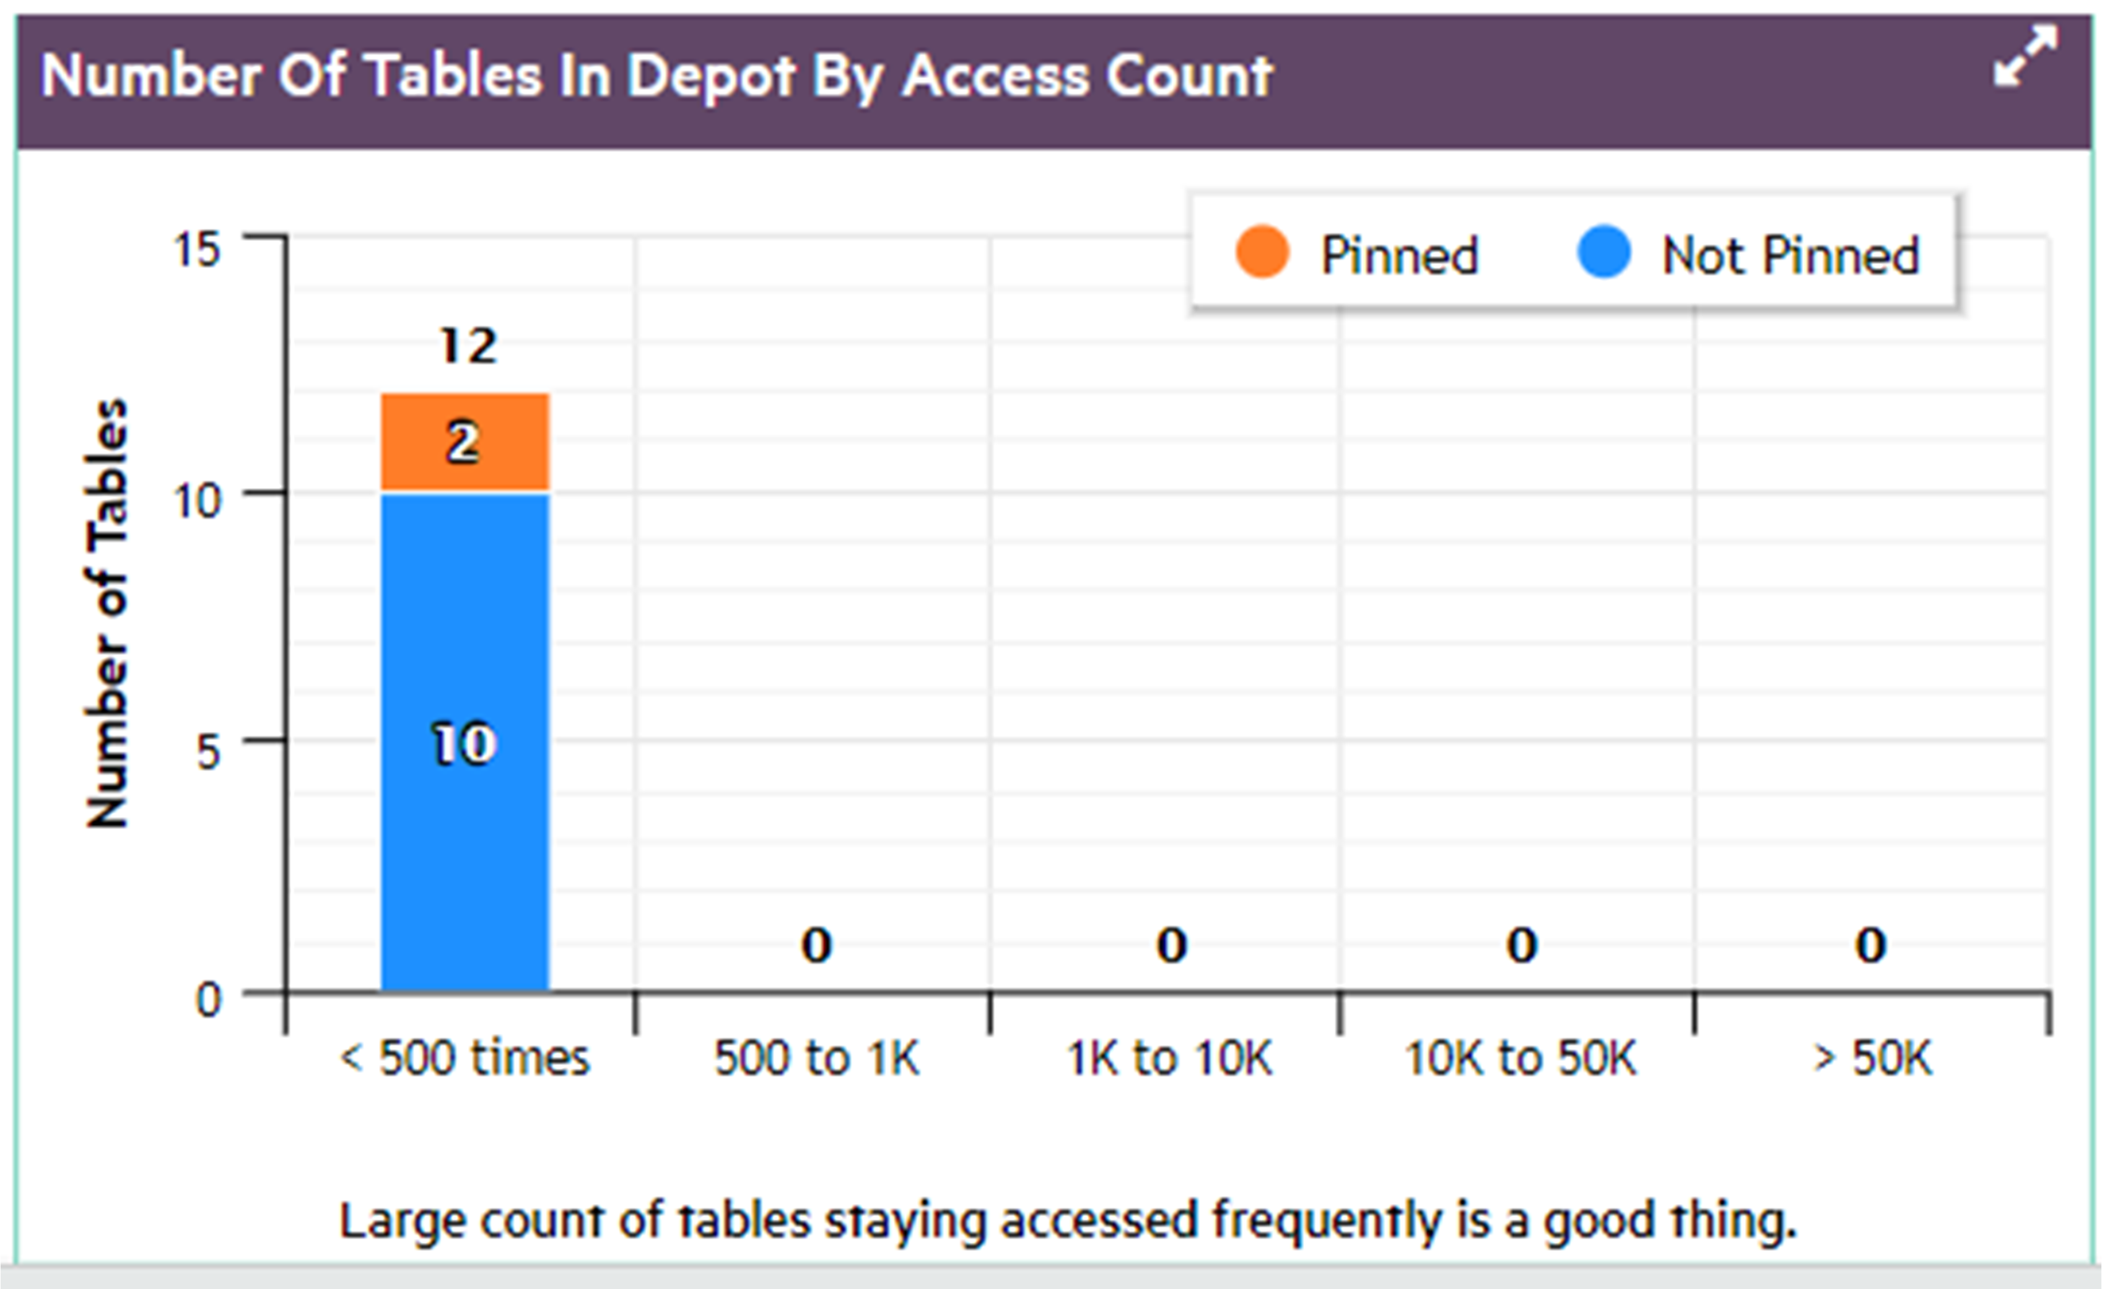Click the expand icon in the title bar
pyautogui.click(x=2025, y=56)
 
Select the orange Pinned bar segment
pyautogui.click(x=465, y=442)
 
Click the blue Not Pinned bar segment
pyautogui.click(x=465, y=742)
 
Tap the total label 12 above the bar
pyautogui.click(x=468, y=346)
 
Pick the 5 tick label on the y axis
pyautogui.click(x=208, y=751)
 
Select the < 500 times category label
pyautogui.click(x=465, y=1059)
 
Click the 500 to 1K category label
pyautogui.click(x=816, y=1059)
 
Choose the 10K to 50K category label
pyautogui.click(x=1521, y=1059)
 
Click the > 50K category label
pyautogui.click(x=1872, y=1059)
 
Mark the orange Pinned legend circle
pyautogui.click(x=1262, y=253)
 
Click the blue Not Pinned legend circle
pyautogui.click(x=1604, y=253)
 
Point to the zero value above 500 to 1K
pyautogui.click(x=816, y=945)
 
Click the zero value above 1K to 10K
pyautogui.click(x=1171, y=945)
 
